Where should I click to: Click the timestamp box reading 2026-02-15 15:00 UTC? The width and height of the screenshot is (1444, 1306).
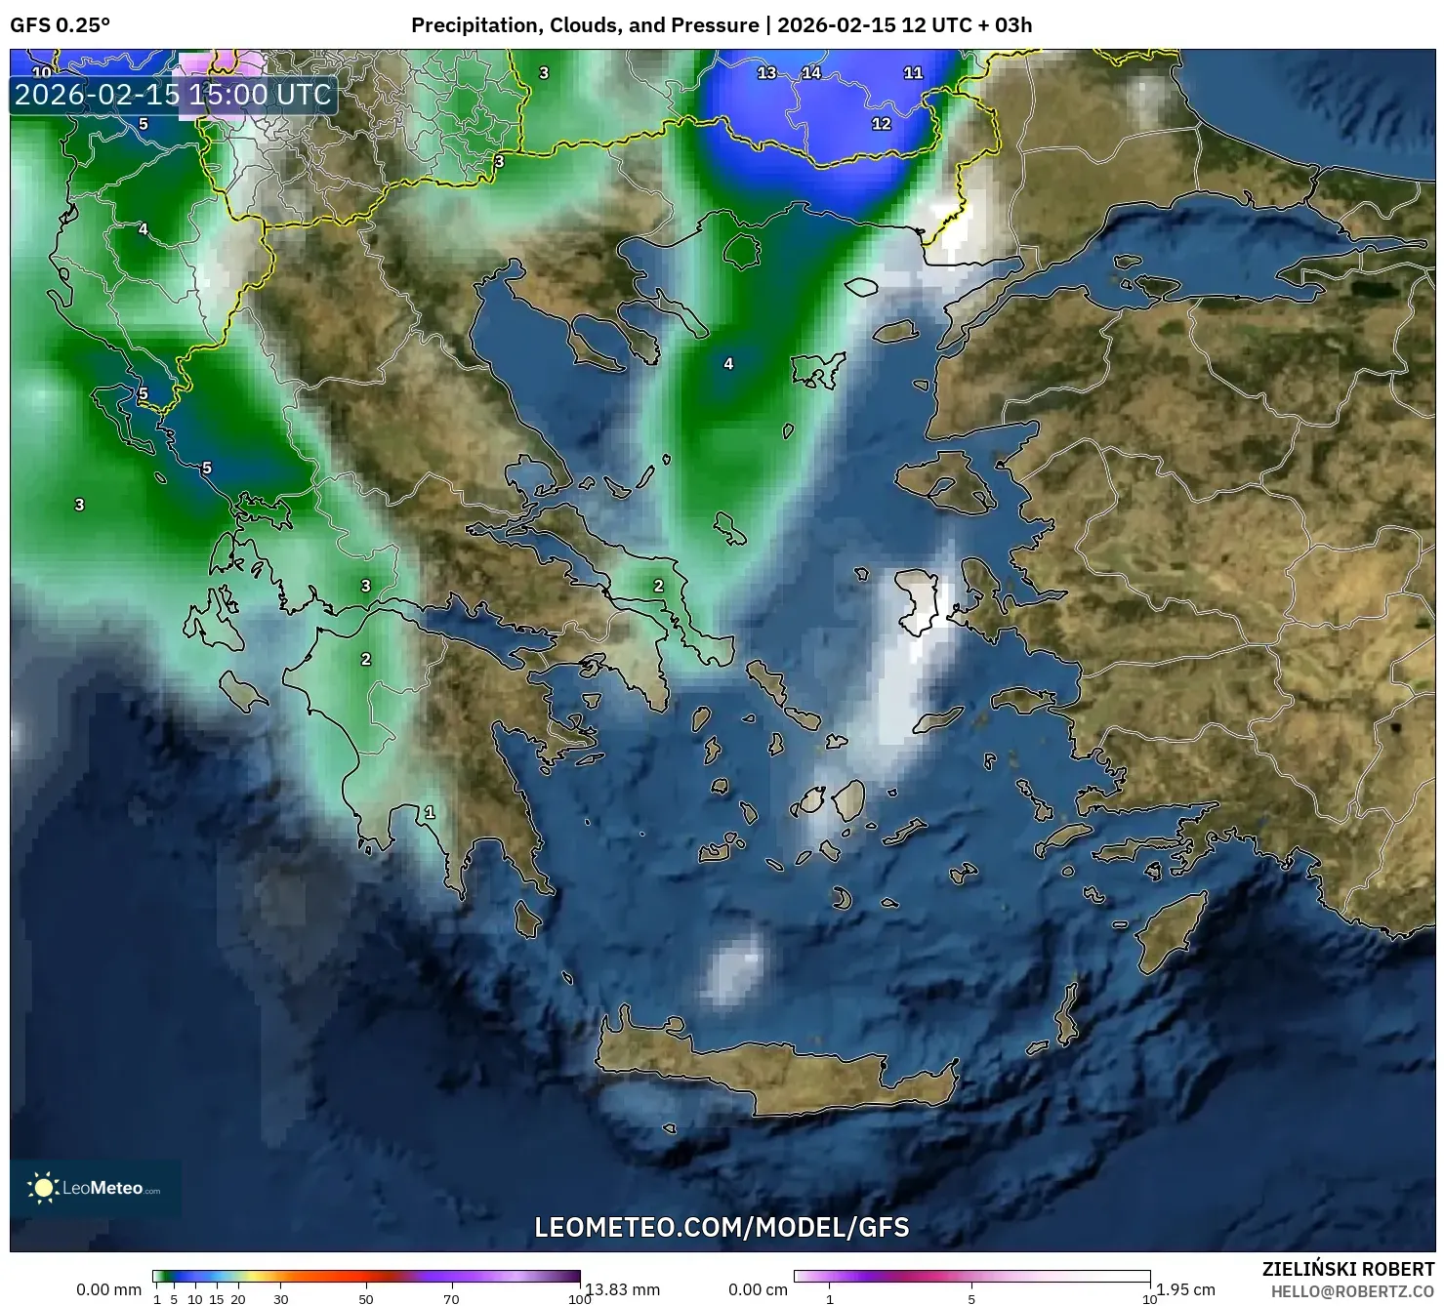174,95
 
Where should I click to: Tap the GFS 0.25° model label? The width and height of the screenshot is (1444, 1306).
60,25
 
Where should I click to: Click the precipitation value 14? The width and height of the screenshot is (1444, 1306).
811,72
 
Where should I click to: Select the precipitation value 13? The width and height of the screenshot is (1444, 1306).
766,72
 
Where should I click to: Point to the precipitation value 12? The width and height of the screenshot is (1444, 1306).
881,124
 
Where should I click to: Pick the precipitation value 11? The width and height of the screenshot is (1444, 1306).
913,72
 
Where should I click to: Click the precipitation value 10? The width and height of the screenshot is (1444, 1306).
42,72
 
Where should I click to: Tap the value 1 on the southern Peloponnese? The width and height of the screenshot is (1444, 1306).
430,812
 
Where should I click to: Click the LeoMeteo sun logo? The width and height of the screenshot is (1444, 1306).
43,1188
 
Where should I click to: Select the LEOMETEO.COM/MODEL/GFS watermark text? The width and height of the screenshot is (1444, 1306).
722,1227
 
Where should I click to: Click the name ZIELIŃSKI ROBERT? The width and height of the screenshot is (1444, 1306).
1348,1270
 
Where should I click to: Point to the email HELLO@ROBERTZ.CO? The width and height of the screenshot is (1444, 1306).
1352,1291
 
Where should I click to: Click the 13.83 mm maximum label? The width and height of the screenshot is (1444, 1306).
623,1289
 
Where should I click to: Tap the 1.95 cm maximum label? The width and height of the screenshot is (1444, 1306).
1185,1289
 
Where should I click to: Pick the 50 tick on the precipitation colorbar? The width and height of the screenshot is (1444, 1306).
366,1298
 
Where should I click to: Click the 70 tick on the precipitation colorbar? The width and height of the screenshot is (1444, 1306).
451,1298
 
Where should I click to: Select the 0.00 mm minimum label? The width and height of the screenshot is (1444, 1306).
109,1289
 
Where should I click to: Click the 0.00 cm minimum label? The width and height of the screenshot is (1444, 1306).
758,1289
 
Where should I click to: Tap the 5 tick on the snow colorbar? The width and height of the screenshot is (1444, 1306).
971,1298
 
